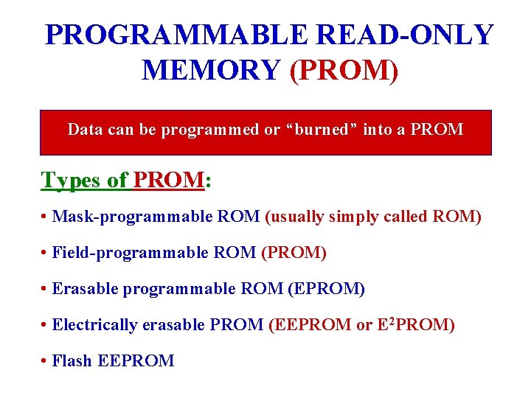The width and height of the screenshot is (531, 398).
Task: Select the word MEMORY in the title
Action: tap(210, 70)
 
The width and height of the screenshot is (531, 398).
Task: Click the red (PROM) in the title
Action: tap(344, 70)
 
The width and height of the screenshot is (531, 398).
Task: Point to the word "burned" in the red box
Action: tap(322, 130)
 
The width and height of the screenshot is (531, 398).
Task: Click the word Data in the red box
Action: tap(84, 130)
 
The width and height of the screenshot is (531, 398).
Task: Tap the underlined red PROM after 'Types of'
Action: tap(169, 180)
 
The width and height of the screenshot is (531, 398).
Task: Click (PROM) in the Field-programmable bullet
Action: tap(294, 253)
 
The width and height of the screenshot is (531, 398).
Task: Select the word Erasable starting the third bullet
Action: tap(85, 289)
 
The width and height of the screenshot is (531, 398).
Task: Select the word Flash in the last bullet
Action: tap(72, 361)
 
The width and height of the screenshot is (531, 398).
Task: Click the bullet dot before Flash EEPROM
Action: tap(45, 362)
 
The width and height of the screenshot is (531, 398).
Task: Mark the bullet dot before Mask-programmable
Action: tap(45, 217)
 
